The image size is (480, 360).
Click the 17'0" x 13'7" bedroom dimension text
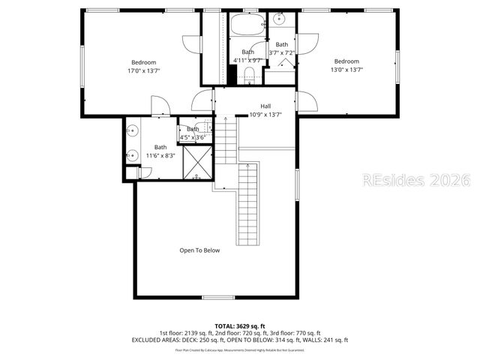click(x=143, y=70)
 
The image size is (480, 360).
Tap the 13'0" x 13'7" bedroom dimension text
click(x=346, y=70)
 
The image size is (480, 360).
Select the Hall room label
click(x=265, y=106)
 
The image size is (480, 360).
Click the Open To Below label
click(x=199, y=250)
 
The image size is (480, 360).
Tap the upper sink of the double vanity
click(x=131, y=130)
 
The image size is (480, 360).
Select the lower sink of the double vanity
click(x=131, y=155)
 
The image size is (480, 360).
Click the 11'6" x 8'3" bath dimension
click(x=160, y=155)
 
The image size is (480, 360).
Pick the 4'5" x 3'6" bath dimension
click(x=193, y=137)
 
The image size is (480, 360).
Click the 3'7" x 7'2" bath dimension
click(x=283, y=52)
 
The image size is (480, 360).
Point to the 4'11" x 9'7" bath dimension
click(x=247, y=60)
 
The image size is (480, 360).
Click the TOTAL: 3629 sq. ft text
click(x=240, y=325)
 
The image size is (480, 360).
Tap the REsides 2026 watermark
click(x=415, y=181)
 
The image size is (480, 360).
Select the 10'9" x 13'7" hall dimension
click(x=265, y=115)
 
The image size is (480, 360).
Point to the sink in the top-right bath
click(x=281, y=19)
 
